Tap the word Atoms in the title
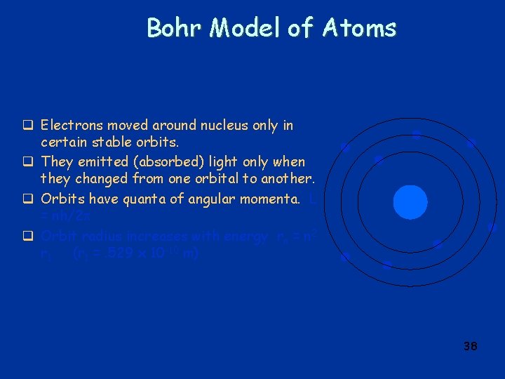359,27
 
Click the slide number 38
470,346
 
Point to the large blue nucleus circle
410,202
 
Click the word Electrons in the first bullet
69,126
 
